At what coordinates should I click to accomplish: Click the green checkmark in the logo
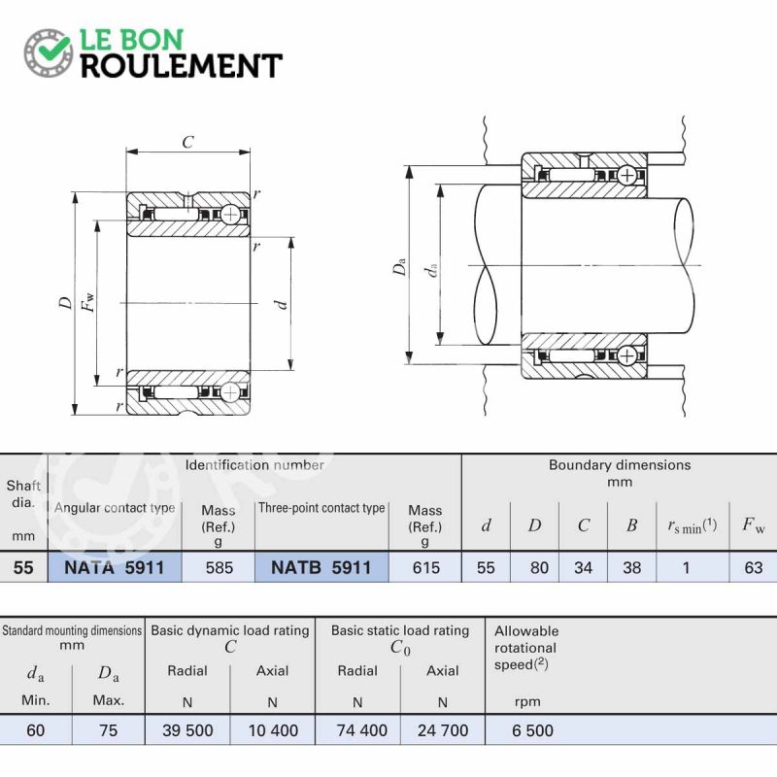53,48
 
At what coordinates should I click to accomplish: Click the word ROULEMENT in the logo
182,66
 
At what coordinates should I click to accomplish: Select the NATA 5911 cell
115,567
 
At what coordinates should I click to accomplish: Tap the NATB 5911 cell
321,567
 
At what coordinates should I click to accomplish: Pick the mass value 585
220,567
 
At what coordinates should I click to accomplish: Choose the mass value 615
425,567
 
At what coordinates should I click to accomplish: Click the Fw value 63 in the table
754,567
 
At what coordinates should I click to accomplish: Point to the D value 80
539,567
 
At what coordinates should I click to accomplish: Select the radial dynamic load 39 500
187,730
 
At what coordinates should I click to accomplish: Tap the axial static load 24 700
443,730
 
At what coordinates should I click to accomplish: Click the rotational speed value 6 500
532,730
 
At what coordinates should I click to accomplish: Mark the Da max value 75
109,730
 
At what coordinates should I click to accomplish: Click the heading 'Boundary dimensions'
620,465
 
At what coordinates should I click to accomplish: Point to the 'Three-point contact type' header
321,508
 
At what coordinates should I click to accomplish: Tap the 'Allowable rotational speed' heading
525,648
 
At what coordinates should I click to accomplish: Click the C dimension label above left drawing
187,142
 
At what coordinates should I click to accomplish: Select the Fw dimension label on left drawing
87,302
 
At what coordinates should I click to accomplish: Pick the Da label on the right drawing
399,265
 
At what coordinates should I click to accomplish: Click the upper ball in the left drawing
230,215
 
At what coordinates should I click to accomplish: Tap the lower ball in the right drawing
627,355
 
